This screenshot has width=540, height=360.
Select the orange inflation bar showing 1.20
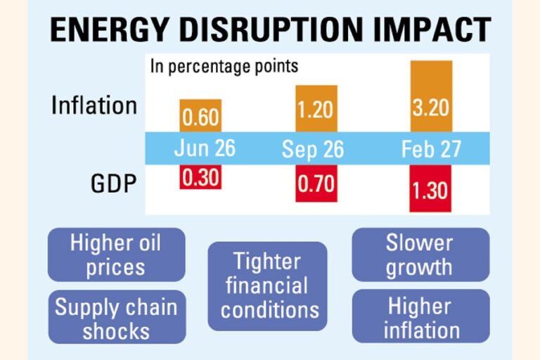[316, 108]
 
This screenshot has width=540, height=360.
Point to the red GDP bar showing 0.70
[316, 184]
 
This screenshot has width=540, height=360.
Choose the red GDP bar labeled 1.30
[431, 188]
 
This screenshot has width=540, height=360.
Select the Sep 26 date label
[316, 149]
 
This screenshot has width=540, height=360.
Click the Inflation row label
[94, 105]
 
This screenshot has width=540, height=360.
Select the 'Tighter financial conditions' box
[269, 286]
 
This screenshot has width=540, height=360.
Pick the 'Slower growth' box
[420, 255]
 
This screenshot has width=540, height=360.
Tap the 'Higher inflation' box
[420, 316]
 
